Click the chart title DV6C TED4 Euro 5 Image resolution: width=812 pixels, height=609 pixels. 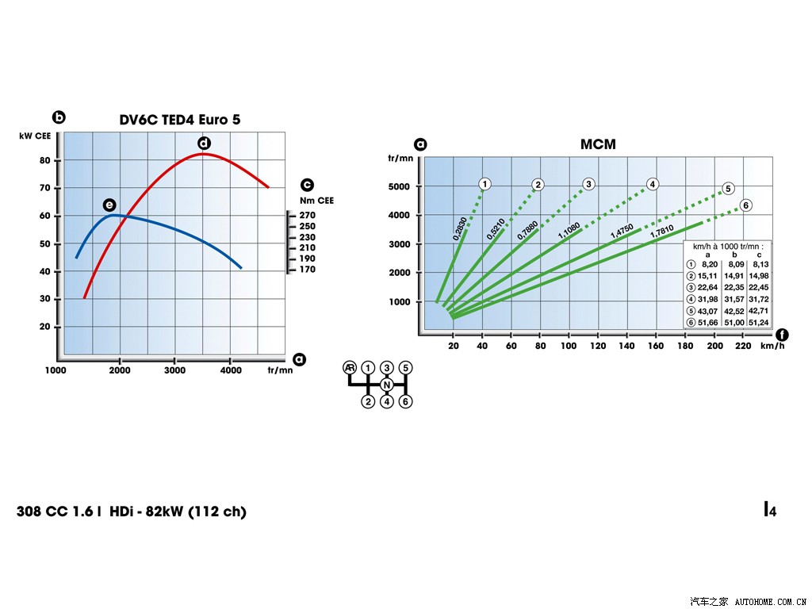coord(179,120)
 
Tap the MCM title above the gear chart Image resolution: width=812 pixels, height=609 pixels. coord(598,144)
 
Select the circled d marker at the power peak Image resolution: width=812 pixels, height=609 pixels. coord(204,144)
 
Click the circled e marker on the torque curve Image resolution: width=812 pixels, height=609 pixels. coord(109,205)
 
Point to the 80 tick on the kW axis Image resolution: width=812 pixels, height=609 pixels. coord(44,160)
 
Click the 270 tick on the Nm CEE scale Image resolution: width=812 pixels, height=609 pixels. coord(307,216)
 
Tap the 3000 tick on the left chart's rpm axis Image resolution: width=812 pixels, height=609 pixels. coord(175,371)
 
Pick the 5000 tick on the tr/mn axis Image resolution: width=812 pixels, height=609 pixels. coord(400,186)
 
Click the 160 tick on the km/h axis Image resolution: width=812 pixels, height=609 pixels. coord(656,346)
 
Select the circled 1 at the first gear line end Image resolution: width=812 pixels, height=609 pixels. coord(485,184)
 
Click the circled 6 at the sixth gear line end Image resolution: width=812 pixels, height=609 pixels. coord(745,205)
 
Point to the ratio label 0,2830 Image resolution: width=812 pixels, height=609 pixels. coord(460,228)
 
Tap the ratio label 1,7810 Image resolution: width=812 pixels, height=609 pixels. coord(662,230)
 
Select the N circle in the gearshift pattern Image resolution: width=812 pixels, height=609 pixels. coord(387,385)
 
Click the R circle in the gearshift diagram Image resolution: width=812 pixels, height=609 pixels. coord(350,368)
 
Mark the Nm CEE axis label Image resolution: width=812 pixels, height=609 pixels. coord(316,201)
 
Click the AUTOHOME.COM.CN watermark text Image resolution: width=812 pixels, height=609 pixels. coord(771,600)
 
